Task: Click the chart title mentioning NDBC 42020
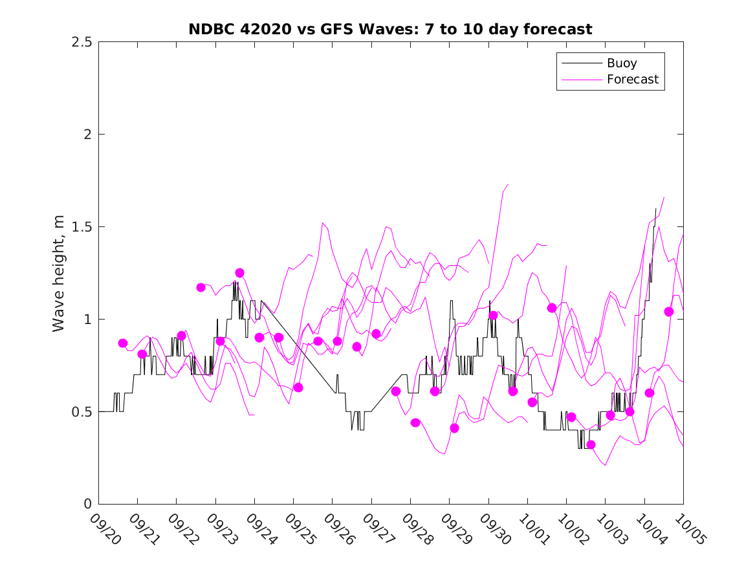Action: (x=390, y=29)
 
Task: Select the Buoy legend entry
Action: (x=621, y=63)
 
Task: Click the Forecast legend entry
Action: (x=632, y=80)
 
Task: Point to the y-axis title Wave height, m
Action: (x=59, y=273)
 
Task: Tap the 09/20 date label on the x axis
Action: (x=104, y=528)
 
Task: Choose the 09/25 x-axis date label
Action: (x=299, y=528)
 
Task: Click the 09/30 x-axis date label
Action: (x=494, y=528)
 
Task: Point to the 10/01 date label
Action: (x=532, y=528)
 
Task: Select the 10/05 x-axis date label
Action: (x=688, y=528)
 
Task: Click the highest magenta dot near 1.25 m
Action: (x=239, y=273)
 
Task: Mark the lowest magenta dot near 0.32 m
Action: (x=591, y=444)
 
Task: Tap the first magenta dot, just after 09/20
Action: (x=123, y=343)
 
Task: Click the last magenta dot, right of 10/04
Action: (x=669, y=311)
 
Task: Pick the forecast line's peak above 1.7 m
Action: (x=508, y=184)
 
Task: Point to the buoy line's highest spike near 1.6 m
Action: (x=656, y=209)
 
